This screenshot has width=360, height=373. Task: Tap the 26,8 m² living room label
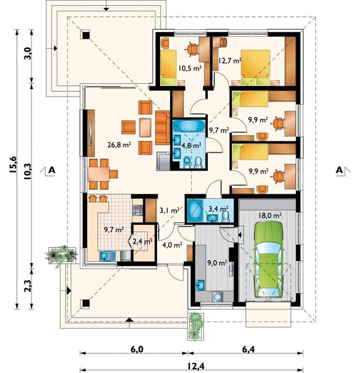coord(119,144)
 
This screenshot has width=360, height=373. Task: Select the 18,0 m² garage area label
coord(270,216)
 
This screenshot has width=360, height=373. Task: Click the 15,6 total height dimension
coord(13,164)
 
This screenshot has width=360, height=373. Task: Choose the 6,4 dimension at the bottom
coord(248,350)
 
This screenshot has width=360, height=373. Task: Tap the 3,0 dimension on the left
coord(28,54)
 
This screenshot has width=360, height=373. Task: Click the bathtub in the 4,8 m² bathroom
coord(188,126)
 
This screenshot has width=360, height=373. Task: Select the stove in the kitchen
coord(137,210)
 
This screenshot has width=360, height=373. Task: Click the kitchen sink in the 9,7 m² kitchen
coord(107,256)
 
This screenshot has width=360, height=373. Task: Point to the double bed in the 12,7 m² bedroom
coord(256,67)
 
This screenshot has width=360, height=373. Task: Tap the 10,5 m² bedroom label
coord(190,69)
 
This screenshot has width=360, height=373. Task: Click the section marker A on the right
coord(339,170)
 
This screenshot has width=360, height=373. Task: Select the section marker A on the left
coord(52,170)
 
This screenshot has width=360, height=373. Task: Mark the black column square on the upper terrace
coord(86,35)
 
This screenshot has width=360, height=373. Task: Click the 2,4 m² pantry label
coord(142,241)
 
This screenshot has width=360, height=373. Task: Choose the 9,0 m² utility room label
coord(217,263)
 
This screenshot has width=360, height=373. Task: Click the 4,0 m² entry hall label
coord(172,245)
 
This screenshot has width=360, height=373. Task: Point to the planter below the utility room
coord(196,326)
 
